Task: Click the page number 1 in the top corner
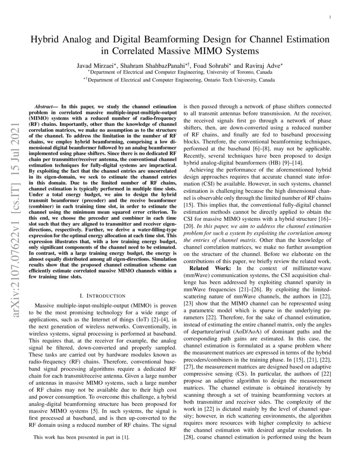(x=330, y=17)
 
